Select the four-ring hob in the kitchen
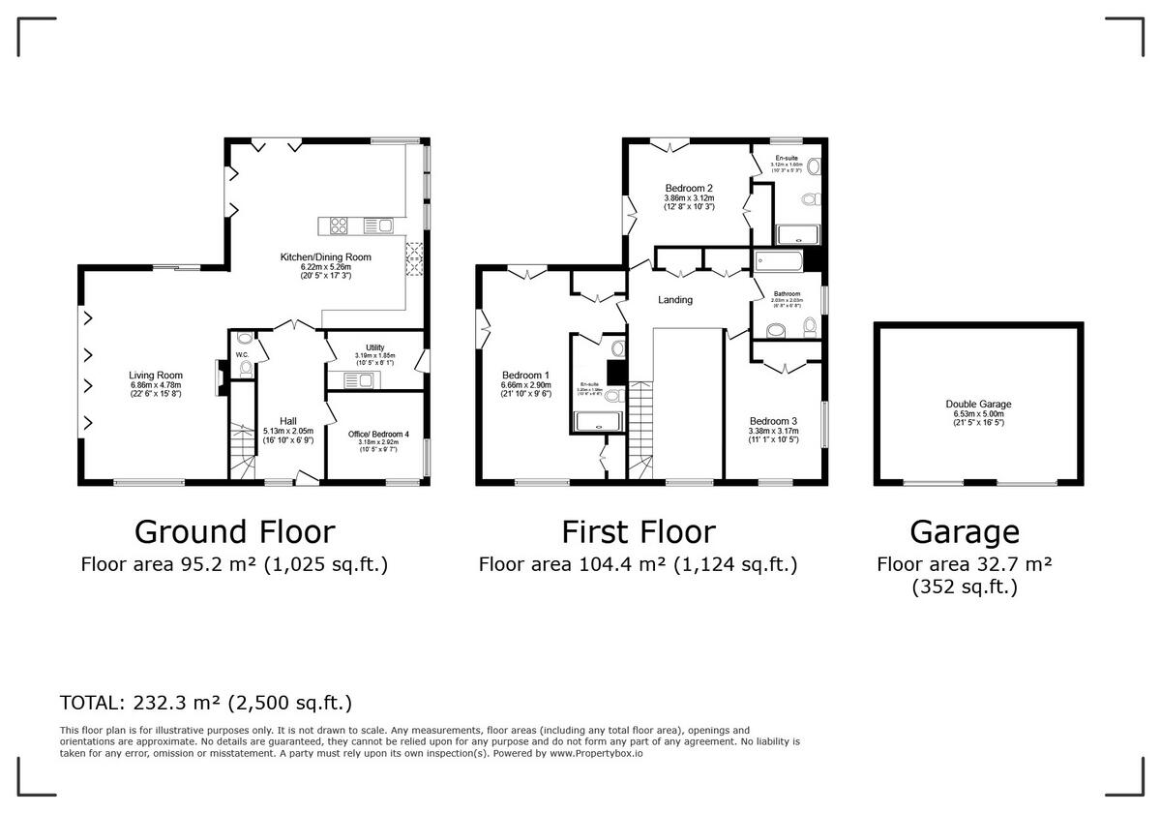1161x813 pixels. [x=341, y=226]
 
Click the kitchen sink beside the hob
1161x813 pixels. [x=378, y=226]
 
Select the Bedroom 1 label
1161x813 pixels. [x=526, y=376]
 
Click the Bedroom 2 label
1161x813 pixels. [x=689, y=188]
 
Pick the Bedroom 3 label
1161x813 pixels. [x=773, y=421]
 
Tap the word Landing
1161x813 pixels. [x=675, y=300]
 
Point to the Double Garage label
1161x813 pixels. [x=978, y=405]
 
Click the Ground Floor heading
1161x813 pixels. [x=234, y=531]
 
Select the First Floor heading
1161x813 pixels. [x=639, y=531]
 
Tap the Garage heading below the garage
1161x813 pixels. [x=965, y=531]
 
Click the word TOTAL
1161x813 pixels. [x=91, y=703]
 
